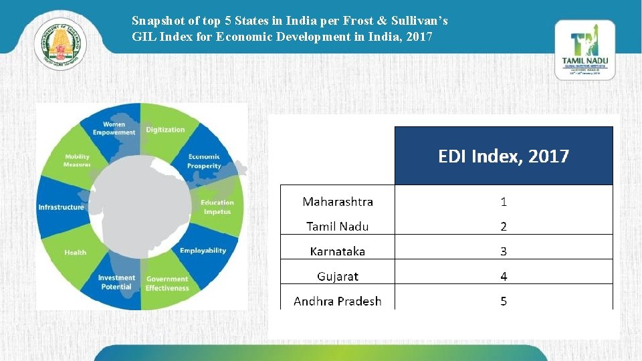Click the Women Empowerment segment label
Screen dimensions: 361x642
coord(114,128)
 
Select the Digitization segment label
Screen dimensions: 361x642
coord(165,130)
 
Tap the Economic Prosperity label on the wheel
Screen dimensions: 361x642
coord(203,161)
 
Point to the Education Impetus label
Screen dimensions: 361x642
coord(217,207)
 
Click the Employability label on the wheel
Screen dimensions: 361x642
coord(203,251)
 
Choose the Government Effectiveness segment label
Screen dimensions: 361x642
coord(167,283)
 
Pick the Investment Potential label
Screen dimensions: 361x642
coord(116,282)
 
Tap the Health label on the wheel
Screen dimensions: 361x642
coord(75,253)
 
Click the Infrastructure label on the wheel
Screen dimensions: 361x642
coord(62,207)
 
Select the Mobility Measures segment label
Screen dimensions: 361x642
coord(77,161)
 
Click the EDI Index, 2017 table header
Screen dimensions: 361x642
coord(504,156)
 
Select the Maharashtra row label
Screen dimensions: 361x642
coord(338,202)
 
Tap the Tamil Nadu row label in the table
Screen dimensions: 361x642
coord(338,227)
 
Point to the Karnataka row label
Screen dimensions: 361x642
coord(338,251)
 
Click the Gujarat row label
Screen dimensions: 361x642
coord(338,276)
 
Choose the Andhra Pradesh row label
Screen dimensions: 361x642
coord(338,301)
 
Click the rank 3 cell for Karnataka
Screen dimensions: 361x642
coord(504,251)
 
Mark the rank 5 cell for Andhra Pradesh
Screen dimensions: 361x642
coord(504,301)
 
